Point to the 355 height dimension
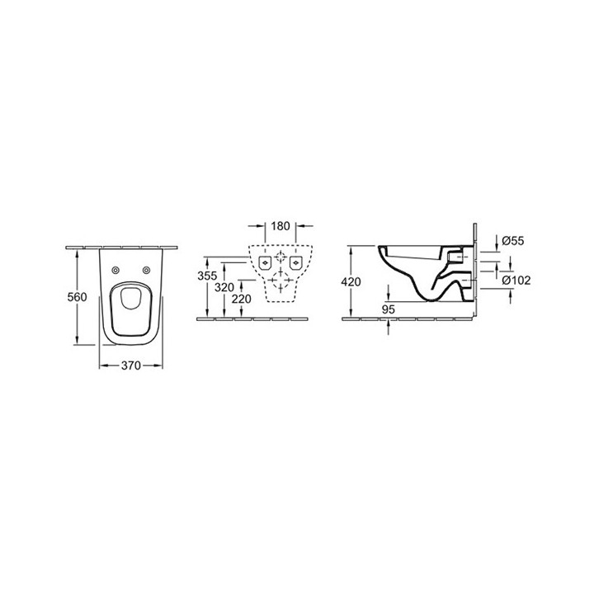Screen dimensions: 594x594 (210, 275)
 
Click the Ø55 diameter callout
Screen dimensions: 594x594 (512, 241)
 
